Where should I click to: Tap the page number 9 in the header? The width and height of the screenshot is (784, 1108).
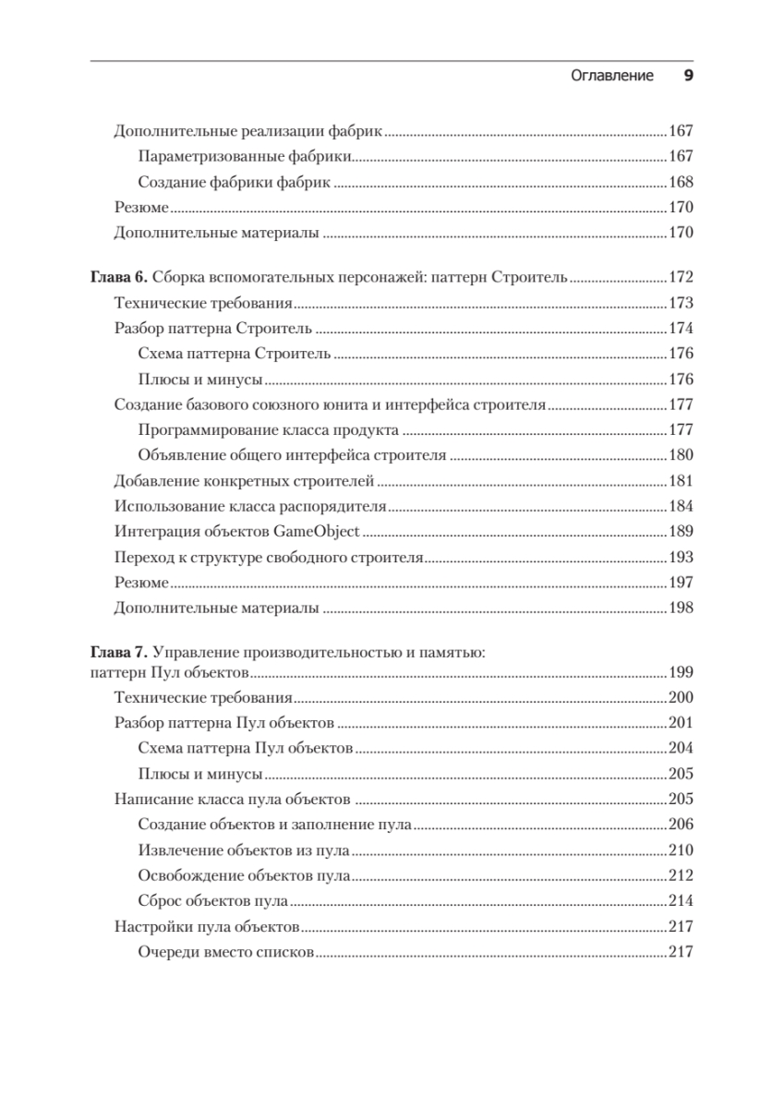[688, 76]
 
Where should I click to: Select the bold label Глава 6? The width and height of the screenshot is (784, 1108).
[117, 277]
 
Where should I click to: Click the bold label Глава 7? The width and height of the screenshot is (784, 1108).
[117, 653]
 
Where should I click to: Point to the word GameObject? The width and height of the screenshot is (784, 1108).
[317, 532]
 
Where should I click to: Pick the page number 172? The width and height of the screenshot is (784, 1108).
[680, 277]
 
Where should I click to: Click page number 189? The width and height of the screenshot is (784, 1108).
[680, 532]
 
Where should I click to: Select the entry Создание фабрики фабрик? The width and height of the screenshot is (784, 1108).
[234, 182]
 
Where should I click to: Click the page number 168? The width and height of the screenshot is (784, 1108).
[680, 182]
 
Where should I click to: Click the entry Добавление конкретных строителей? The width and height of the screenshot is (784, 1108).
[244, 481]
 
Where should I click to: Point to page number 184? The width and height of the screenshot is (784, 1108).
[680, 506]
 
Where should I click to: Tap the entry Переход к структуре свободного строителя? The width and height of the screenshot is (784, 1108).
[268, 558]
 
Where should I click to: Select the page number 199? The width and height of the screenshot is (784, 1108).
[680, 673]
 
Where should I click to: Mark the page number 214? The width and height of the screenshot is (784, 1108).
[680, 901]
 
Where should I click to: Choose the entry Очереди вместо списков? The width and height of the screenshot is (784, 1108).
[225, 952]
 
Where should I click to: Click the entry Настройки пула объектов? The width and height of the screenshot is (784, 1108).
[206, 927]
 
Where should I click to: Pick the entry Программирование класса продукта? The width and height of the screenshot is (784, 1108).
[268, 430]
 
